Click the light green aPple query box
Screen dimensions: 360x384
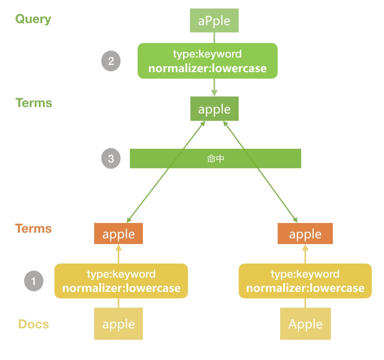tap(214, 21)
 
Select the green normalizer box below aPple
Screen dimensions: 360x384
tap(207, 61)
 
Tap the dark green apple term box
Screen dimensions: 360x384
tap(214, 109)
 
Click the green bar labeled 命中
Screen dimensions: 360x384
tap(215, 159)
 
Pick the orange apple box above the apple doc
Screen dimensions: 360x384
tap(119, 234)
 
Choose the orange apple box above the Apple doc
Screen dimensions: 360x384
tap(305, 234)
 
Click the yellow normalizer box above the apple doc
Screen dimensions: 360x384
tap(121, 281)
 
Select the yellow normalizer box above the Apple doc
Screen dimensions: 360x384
tap(305, 281)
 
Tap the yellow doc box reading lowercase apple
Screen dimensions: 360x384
tap(119, 324)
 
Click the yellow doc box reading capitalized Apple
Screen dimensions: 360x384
tap(305, 324)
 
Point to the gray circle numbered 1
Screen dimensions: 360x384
tap(34, 281)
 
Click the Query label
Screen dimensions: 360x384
tap(33, 19)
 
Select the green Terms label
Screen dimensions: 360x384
tap(34, 103)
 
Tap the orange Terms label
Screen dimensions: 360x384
tap(34, 229)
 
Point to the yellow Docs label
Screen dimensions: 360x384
tap(33, 324)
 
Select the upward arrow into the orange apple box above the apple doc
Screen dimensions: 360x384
tap(119, 254)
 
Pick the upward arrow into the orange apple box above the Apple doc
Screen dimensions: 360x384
tap(305, 254)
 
